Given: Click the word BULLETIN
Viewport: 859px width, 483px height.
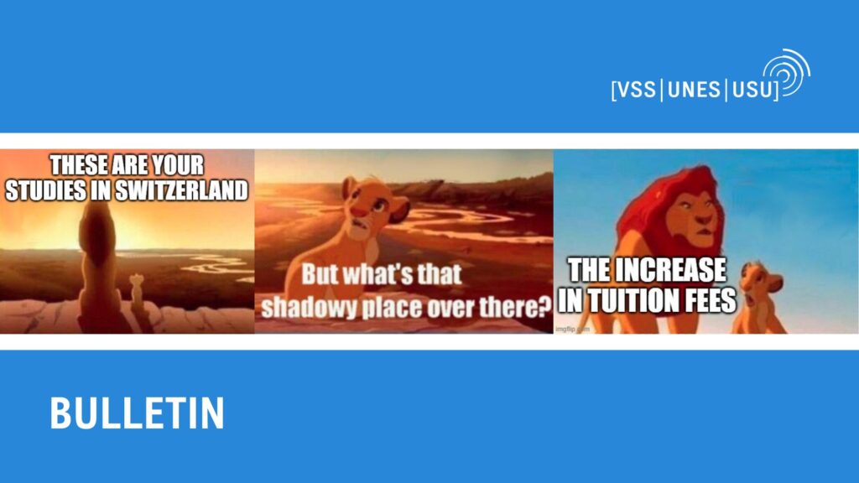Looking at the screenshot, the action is (137, 413).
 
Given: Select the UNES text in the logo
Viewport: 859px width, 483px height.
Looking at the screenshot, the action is (694, 89).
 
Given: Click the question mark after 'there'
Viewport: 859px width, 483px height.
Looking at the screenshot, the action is (544, 307).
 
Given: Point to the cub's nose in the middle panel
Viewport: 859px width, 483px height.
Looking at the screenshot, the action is (357, 211).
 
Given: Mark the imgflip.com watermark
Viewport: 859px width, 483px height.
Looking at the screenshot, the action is (572, 329).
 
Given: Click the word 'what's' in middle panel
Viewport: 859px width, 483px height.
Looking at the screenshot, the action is (380, 275).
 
